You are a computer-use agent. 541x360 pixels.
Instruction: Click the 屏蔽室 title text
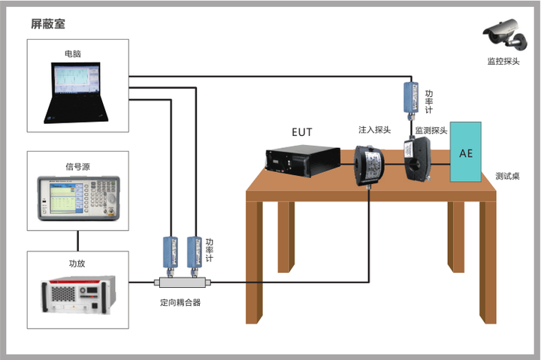[x=48, y=24]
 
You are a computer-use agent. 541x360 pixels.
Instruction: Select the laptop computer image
[x=76, y=92]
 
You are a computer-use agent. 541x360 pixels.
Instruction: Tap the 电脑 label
[x=73, y=53]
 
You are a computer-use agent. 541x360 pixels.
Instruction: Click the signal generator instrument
[x=79, y=198]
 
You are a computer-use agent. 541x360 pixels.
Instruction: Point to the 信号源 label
[x=78, y=167]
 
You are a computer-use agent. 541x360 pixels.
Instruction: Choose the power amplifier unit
[x=78, y=295]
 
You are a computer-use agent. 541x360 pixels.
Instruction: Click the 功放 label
[x=77, y=263]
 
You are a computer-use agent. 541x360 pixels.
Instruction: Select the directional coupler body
[x=182, y=283]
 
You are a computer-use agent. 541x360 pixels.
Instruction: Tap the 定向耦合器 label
[x=180, y=303]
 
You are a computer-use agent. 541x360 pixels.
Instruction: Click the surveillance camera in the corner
[x=506, y=34]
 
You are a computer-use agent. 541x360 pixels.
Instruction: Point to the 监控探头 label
[x=503, y=62]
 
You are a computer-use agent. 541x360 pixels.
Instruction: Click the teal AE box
[x=465, y=152]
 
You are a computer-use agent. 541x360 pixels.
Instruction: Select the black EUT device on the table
[x=303, y=161]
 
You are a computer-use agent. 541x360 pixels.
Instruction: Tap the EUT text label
[x=302, y=132]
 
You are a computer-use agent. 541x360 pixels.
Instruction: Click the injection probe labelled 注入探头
[x=369, y=166]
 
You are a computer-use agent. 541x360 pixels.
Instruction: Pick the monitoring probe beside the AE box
[x=417, y=158]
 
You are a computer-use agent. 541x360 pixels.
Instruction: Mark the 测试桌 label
[x=507, y=176]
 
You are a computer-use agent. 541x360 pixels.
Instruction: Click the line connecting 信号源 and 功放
[x=78, y=241]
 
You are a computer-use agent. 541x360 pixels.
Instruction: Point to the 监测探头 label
[x=431, y=131]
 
